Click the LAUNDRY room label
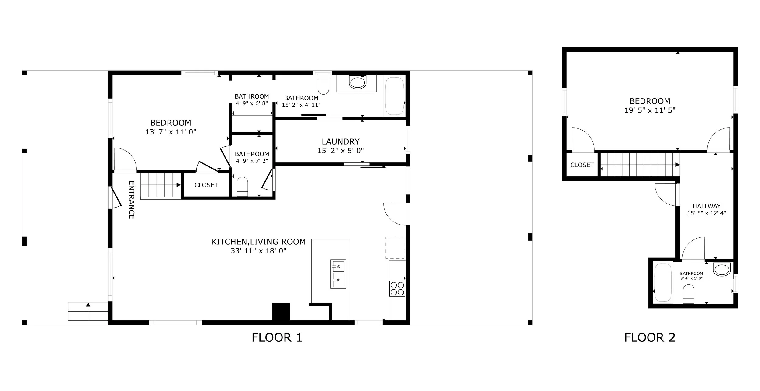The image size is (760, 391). coord(340,141)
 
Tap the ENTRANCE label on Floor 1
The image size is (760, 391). coord(131,200)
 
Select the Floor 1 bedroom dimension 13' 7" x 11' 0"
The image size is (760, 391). coord(171,132)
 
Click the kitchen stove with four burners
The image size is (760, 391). coord(397,288)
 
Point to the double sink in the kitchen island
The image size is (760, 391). coord(338,274)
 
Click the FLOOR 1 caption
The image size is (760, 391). coord(277,337)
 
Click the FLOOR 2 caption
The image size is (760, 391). coord(650,337)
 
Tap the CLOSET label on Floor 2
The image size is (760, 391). coord(582,165)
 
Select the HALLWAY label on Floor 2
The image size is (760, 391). coord(706,206)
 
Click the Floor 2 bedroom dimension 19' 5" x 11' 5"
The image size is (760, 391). coord(650,110)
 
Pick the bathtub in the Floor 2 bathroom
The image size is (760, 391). coord(663,283)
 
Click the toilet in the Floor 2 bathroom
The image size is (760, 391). coord(689,294)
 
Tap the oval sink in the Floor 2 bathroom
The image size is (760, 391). coord(721,270)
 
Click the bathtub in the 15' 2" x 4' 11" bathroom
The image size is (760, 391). coord(394,96)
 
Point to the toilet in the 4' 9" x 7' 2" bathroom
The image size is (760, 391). coord(242,187)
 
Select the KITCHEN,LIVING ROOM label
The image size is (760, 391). coord(258,242)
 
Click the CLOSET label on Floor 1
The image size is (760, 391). coord(206,185)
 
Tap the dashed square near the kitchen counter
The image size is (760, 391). coord(395,248)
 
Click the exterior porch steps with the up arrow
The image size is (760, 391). coord(88,311)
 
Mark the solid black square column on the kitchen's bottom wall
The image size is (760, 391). coord(281,312)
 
